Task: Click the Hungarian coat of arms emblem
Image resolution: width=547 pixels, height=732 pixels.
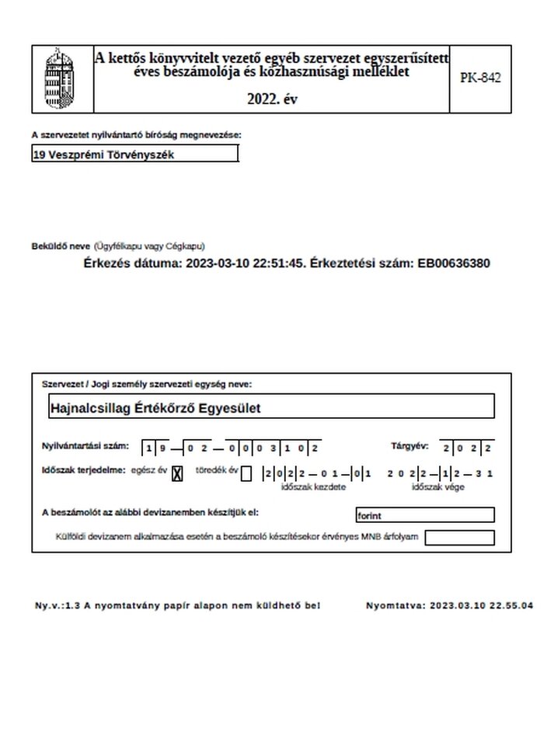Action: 61,78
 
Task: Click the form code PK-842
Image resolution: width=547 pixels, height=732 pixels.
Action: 480,78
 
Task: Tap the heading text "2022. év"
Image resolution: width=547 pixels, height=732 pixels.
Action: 272,99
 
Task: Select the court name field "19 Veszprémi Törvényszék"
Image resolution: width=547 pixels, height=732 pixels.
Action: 135,155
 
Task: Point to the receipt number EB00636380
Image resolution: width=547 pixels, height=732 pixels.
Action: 453,263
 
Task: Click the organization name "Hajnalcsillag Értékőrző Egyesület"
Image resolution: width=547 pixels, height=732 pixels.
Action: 156,407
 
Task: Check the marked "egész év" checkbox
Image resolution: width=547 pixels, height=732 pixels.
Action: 176,473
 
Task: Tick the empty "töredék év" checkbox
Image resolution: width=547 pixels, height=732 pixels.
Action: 246,473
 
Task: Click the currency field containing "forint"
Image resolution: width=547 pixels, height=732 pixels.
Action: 424,514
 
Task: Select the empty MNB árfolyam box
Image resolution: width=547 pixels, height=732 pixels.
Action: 459,537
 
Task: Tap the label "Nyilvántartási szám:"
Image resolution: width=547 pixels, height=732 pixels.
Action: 85,447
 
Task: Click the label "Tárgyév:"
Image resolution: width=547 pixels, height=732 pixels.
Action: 409,447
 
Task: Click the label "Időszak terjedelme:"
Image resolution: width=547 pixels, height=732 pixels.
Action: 83,471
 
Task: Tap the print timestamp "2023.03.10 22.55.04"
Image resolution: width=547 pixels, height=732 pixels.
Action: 482,605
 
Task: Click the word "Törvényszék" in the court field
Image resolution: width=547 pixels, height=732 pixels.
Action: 141,155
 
